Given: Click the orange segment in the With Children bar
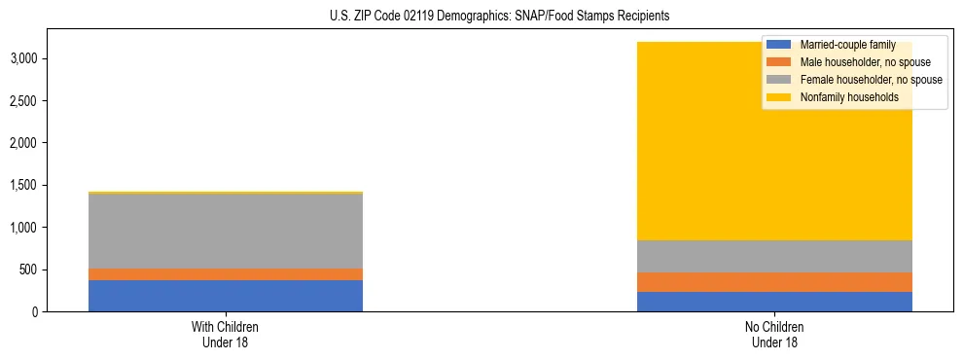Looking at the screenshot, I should point(226,274).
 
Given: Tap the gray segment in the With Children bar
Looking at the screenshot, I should point(226,231).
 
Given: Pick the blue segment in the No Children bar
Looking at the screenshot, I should point(775,302).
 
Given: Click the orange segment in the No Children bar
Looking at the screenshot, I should point(775,282).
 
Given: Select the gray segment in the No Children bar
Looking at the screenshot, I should point(775,256).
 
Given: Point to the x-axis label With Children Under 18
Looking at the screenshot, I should point(226,334).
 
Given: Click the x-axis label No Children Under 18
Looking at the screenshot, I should point(775,334).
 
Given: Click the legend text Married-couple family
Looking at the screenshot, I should point(847,45).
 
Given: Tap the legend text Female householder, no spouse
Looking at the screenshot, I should point(870,80).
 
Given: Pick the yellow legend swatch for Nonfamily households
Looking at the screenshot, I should point(779,97).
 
